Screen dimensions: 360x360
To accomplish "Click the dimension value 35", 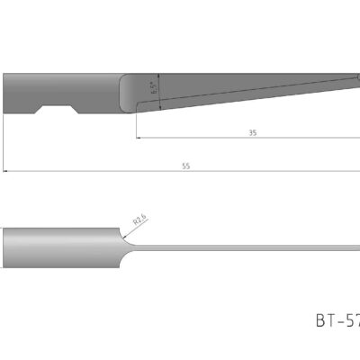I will pyautogui.click(x=252, y=132).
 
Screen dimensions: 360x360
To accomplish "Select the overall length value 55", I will pyautogui.click(x=186, y=165).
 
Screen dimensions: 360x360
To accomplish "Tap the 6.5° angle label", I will pyautogui.click(x=153, y=88).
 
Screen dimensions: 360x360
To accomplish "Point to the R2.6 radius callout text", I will pyautogui.click(x=139, y=219).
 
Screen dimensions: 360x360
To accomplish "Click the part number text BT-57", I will pyautogui.click(x=337, y=319).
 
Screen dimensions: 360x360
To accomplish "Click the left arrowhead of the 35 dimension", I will pyautogui.click(x=139, y=139).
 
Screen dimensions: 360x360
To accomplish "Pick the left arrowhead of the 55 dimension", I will pyautogui.click(x=4, y=170).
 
